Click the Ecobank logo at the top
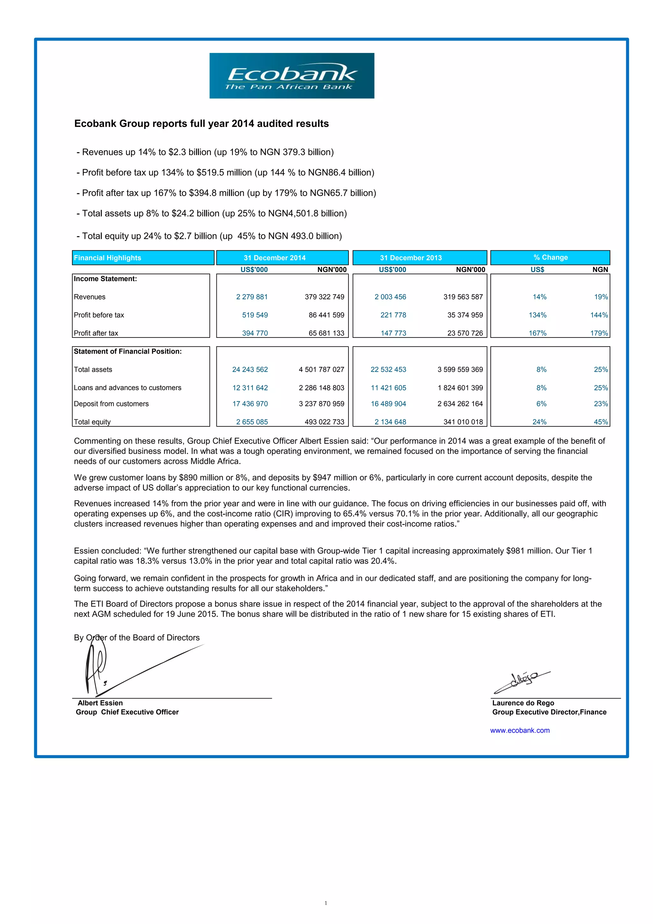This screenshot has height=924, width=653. (x=292, y=76)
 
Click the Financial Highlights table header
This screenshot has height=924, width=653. (x=107, y=258)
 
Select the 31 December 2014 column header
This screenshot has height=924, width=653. (x=275, y=258)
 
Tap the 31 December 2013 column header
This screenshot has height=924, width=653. (x=411, y=258)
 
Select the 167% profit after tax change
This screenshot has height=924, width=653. (x=538, y=333)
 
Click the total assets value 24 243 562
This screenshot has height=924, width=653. (x=250, y=369)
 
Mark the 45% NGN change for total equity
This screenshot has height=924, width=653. (x=601, y=422)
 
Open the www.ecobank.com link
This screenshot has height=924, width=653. (x=519, y=730)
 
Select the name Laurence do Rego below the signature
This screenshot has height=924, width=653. (x=523, y=703)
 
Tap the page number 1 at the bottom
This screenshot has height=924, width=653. (x=326, y=903)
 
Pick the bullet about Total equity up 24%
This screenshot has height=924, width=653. (x=209, y=236)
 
